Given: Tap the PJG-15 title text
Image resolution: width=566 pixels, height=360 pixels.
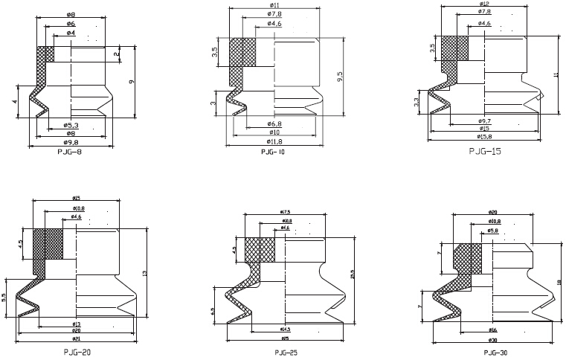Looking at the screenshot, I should (485, 151).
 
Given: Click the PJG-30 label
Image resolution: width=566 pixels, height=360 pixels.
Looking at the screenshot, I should (495, 351).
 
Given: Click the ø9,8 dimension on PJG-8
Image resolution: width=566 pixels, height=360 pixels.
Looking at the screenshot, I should (71, 141).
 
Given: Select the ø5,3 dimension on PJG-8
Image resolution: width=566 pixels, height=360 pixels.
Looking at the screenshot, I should (71, 124).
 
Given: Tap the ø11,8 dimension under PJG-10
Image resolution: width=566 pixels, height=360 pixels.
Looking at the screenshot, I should (274, 141).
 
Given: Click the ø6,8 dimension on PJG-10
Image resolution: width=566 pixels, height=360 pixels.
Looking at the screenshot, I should (274, 123).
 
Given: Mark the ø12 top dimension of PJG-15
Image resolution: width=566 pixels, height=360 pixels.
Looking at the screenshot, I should (484, 4).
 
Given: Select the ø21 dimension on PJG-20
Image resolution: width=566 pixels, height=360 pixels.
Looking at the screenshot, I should (76, 337).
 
